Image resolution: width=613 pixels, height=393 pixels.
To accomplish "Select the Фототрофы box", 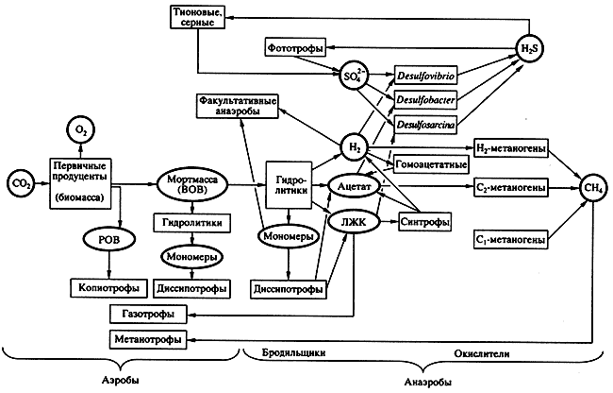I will (296, 46).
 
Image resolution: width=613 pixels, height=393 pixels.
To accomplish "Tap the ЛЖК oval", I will (350, 223).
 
